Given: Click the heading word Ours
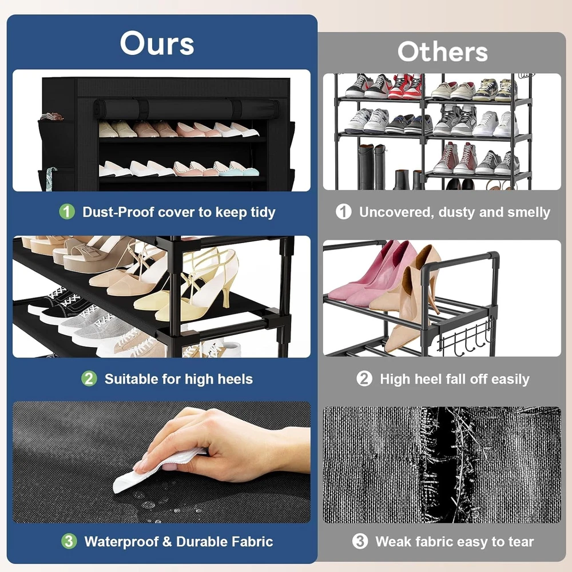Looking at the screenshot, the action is click(157, 43).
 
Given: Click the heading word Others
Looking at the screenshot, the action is click(443, 51).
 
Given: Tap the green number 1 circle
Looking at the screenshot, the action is click(67, 212).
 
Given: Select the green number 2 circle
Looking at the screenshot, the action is click(89, 379).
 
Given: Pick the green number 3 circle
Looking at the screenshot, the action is click(69, 541).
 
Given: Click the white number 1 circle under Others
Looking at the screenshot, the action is click(343, 212).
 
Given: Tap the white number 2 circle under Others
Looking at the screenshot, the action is click(364, 379).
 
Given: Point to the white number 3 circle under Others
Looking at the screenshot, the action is click(360, 541).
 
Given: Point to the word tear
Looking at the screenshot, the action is click(521, 542).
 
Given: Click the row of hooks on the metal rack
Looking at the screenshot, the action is click(467, 338).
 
